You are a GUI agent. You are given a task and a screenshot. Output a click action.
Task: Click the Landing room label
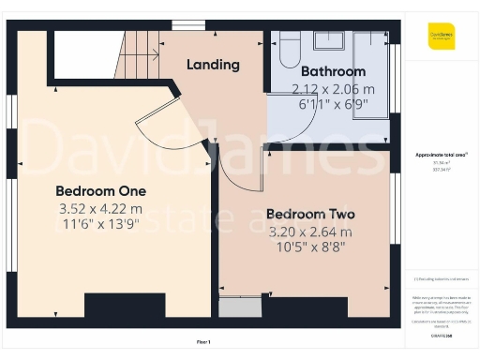(x=213, y=65)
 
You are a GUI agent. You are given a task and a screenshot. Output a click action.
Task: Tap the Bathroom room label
(x=333, y=71)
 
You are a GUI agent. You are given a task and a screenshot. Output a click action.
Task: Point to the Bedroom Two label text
(x=310, y=214)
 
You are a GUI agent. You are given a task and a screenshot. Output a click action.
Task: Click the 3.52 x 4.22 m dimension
(x=100, y=208)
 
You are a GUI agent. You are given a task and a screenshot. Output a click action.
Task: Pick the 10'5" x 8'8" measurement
(x=310, y=247)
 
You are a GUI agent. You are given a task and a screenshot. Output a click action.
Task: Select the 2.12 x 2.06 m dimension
(x=333, y=89)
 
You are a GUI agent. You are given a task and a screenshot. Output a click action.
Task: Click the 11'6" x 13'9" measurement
(x=100, y=225)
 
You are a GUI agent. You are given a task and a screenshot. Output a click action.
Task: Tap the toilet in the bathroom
(x=287, y=49)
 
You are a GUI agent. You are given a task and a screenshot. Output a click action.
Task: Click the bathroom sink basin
(x=329, y=40)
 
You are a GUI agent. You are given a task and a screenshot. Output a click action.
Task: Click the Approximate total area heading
(x=441, y=154)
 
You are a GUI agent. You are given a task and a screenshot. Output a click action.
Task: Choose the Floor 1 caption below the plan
(x=203, y=342)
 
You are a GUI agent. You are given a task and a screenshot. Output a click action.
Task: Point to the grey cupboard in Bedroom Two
(x=239, y=307)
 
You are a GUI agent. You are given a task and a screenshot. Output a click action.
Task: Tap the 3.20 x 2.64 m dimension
(x=310, y=231)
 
